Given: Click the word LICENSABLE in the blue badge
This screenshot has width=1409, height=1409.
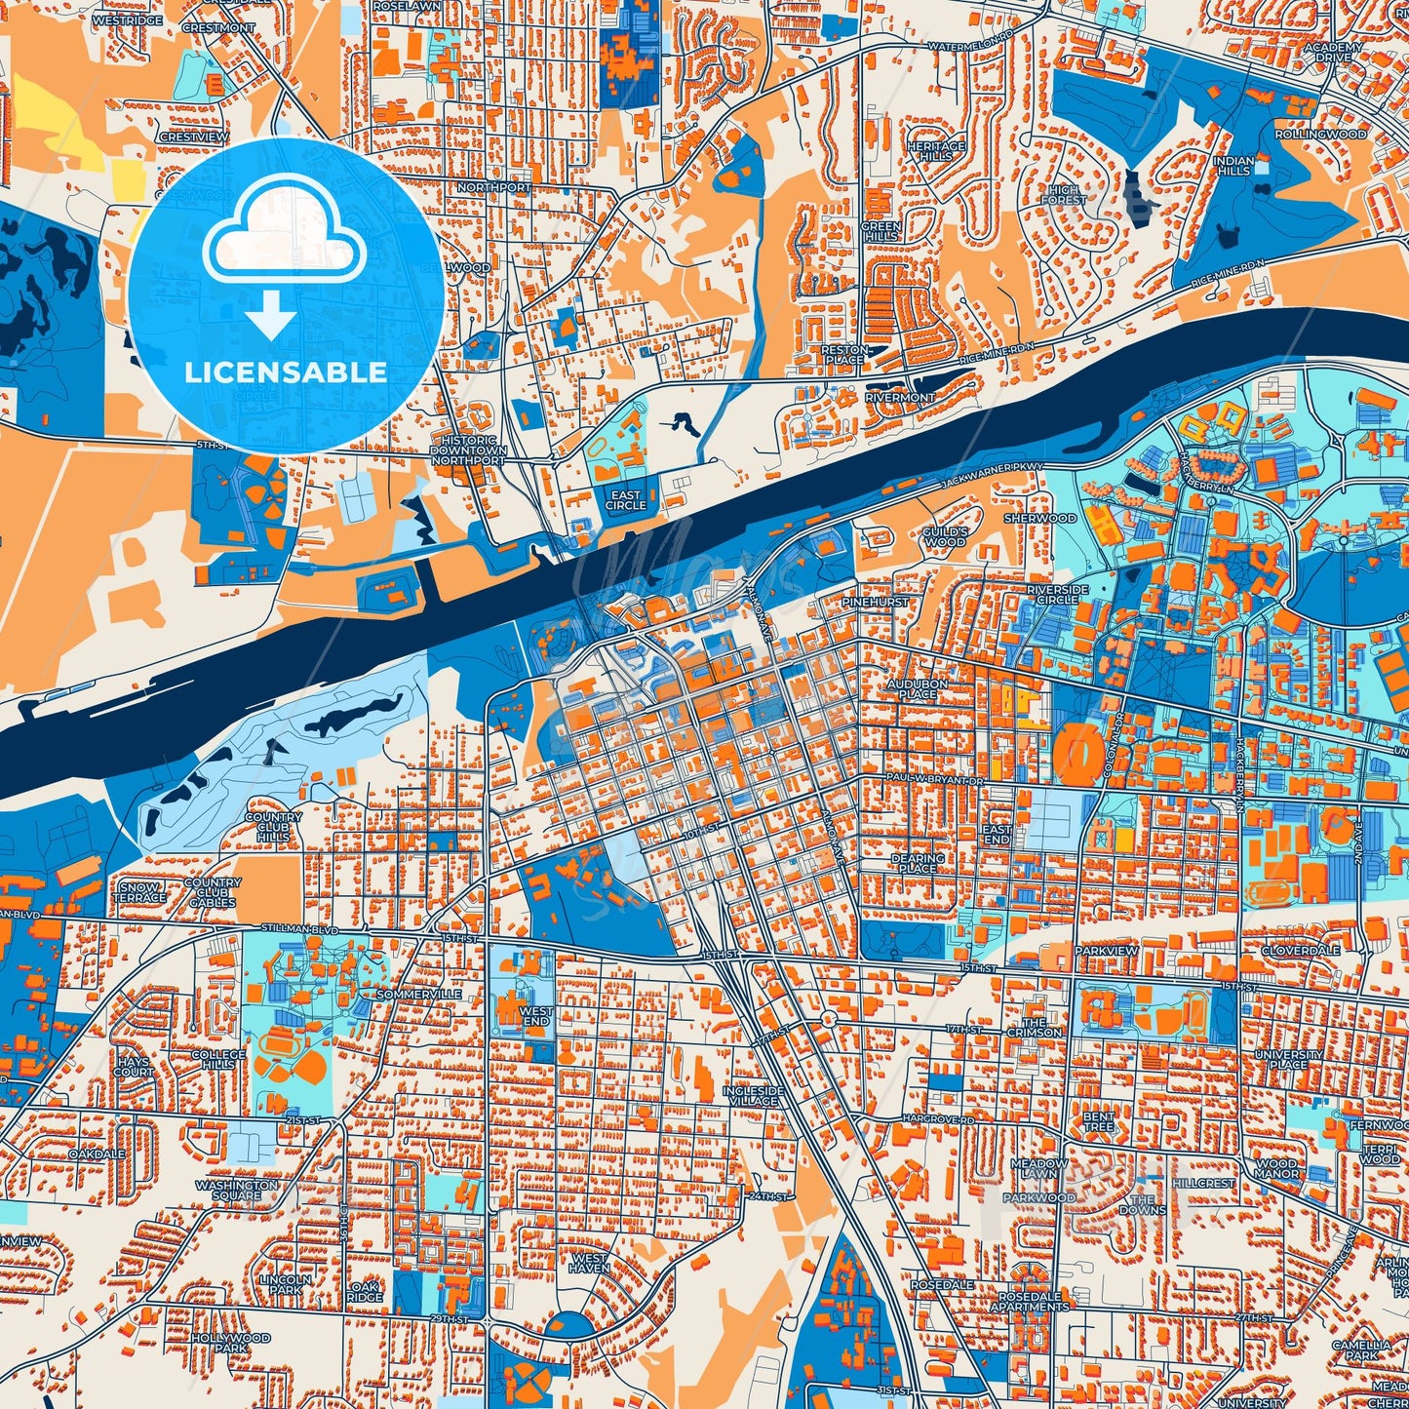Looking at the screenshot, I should (286, 372).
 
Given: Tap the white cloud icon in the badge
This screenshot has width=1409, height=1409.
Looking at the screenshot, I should (284, 238).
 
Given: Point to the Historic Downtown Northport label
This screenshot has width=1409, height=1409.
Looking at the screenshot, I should (468, 450).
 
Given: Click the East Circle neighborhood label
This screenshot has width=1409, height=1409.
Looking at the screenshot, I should (626, 500).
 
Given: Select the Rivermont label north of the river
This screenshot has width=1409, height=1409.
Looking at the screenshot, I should (899, 398).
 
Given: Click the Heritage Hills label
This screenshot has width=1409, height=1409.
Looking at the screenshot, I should (936, 151).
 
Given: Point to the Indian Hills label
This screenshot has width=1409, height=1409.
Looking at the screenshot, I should (1233, 165).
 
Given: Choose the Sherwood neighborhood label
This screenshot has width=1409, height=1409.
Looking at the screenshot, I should (1040, 518).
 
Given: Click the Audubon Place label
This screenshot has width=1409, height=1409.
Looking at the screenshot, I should (918, 689).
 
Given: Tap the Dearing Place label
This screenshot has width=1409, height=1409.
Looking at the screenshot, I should (919, 863).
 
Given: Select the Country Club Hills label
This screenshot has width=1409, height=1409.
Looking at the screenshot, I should (273, 827).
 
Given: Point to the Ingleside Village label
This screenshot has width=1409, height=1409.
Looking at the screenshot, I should (754, 1095).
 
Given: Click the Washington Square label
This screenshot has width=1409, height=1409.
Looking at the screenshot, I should (237, 1190).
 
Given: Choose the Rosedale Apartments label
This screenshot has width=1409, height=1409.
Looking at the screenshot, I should (1034, 1302).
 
